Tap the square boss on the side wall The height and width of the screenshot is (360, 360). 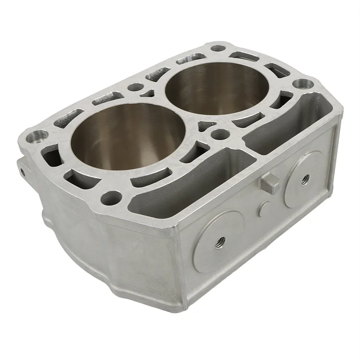(270, 183)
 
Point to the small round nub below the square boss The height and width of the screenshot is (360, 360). (263, 208)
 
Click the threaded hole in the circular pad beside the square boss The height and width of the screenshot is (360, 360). (305, 179)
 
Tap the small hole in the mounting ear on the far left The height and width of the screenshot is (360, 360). (22, 171)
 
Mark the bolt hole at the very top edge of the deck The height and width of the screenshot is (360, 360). (218, 48)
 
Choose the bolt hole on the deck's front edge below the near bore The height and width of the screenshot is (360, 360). (111, 197)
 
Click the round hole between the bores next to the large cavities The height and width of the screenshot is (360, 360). (220, 134)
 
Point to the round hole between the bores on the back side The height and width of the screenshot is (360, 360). (136, 87)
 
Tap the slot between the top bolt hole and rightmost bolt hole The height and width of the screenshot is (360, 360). (277, 71)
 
